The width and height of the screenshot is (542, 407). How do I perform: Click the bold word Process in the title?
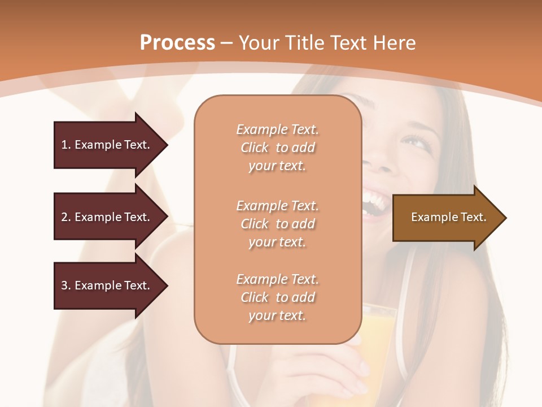(177, 42)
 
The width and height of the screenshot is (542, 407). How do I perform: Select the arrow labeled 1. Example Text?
(107, 145)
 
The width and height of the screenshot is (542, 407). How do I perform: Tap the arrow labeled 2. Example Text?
(107, 217)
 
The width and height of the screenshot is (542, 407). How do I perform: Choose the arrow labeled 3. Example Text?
(107, 285)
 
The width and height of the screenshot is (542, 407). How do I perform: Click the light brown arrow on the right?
(446, 218)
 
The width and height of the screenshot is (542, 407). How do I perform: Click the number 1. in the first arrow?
(66, 145)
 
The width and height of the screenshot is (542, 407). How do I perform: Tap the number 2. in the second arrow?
(66, 217)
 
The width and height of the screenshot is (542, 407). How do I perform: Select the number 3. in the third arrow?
(66, 285)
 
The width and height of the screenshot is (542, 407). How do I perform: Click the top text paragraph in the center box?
(277, 148)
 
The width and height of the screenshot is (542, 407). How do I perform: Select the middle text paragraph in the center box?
(277, 224)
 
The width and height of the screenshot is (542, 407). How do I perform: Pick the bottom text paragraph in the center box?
(277, 297)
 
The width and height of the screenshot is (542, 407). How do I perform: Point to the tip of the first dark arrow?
(167, 145)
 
